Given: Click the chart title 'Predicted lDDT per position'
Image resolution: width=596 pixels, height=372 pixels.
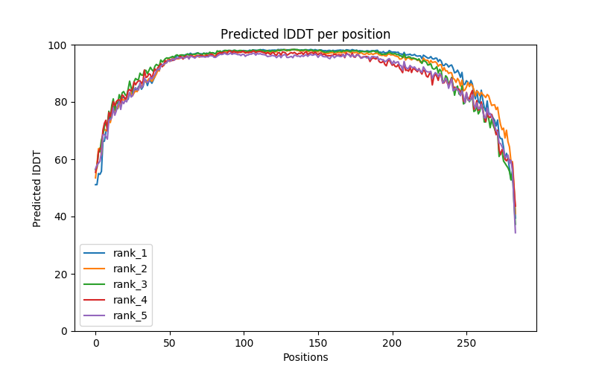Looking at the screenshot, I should pyautogui.click(x=305, y=34).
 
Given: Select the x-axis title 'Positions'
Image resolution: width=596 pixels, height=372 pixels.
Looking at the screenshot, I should pyautogui.click(x=305, y=357).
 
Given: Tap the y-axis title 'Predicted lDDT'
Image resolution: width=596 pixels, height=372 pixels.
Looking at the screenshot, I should pyautogui.click(x=37, y=188).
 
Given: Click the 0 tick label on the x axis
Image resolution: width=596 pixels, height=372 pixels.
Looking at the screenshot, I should pyautogui.click(x=95, y=342).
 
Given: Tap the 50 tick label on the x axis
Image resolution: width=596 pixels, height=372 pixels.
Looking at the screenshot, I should pyautogui.click(x=170, y=342).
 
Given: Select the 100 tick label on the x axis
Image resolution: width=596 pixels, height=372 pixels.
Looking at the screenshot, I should pyautogui.click(x=244, y=342).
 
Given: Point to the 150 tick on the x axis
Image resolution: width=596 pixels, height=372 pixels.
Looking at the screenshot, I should pyautogui.click(x=318, y=342).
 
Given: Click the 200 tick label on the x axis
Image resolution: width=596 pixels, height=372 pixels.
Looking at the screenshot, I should pyautogui.click(x=392, y=342).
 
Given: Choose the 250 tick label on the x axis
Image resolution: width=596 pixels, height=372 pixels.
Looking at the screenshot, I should pyautogui.click(x=466, y=342).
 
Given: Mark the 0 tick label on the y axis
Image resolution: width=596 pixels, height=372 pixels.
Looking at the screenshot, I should pyautogui.click(x=64, y=331).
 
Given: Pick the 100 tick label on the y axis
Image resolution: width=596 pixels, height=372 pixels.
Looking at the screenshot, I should pyautogui.click(x=58, y=45).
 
